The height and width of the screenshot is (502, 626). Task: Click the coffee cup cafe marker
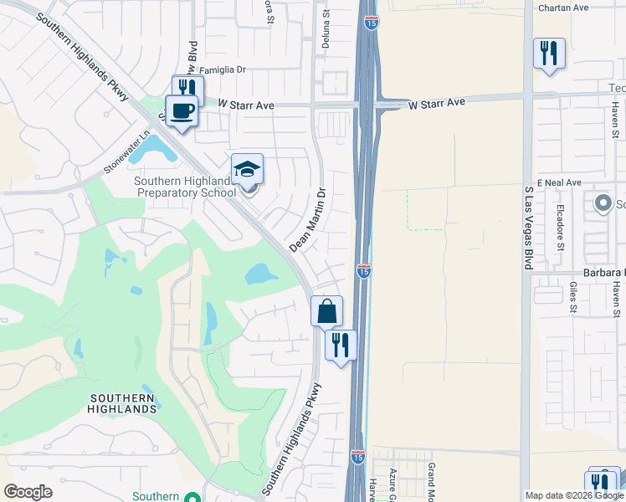pyautogui.click(x=182, y=110)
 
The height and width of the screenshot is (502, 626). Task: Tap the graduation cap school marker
pyautogui.click(x=247, y=170)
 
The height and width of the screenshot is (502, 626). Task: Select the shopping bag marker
pyautogui.click(x=326, y=311)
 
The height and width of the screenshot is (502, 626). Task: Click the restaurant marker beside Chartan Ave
pyautogui.click(x=549, y=54)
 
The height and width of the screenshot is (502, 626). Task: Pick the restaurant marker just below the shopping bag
pyautogui.click(x=341, y=345)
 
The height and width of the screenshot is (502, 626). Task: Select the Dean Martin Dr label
pyautogui.click(x=306, y=220)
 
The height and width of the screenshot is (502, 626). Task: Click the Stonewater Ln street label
pyautogui.click(x=126, y=151)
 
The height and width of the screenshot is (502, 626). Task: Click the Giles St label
pyautogui.click(x=573, y=296)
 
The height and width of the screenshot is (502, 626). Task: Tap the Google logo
pyautogui.click(x=28, y=492)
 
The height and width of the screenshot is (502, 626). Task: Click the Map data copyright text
pyautogui.click(x=574, y=495)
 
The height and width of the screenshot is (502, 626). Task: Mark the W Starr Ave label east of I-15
pyautogui.click(x=436, y=103)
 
